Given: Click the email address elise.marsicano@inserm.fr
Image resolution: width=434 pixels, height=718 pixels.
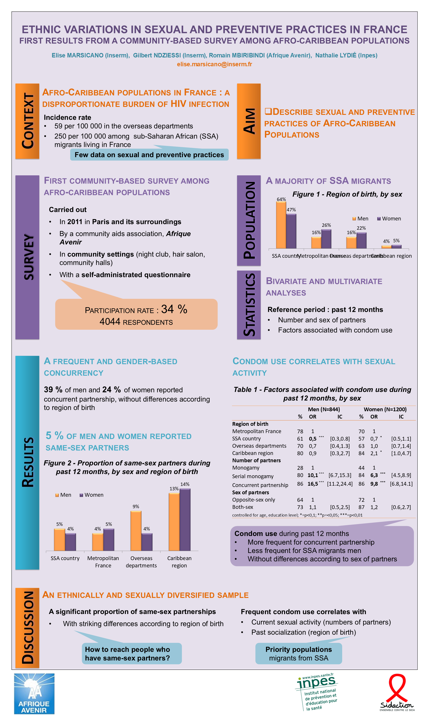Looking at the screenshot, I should pos(214,64).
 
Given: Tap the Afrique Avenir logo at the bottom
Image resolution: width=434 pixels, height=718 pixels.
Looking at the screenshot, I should pos(34,693).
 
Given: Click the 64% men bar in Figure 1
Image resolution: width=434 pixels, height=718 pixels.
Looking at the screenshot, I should pos(281,225).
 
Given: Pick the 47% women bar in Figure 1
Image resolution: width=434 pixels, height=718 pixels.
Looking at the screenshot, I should pos(291,231).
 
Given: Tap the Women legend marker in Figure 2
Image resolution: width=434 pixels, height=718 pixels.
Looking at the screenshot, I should pos(81,495).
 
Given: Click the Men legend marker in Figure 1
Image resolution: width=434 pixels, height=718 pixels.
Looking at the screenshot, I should pos(354,219).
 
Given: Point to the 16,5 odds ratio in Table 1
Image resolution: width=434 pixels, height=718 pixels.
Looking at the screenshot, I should pos(313,484).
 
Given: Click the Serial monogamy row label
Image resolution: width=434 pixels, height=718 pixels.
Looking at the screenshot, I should pos(253,476).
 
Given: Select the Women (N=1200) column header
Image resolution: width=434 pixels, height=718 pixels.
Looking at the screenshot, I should pos(385,409).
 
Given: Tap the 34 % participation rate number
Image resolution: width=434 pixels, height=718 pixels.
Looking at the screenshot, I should pos(174,309).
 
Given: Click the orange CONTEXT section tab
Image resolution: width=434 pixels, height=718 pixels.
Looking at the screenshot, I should pos(27,121).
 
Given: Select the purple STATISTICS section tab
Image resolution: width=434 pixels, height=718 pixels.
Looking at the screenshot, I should pos(249,305).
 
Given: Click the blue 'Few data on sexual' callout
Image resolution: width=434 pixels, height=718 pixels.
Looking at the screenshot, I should pos(149,155).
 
